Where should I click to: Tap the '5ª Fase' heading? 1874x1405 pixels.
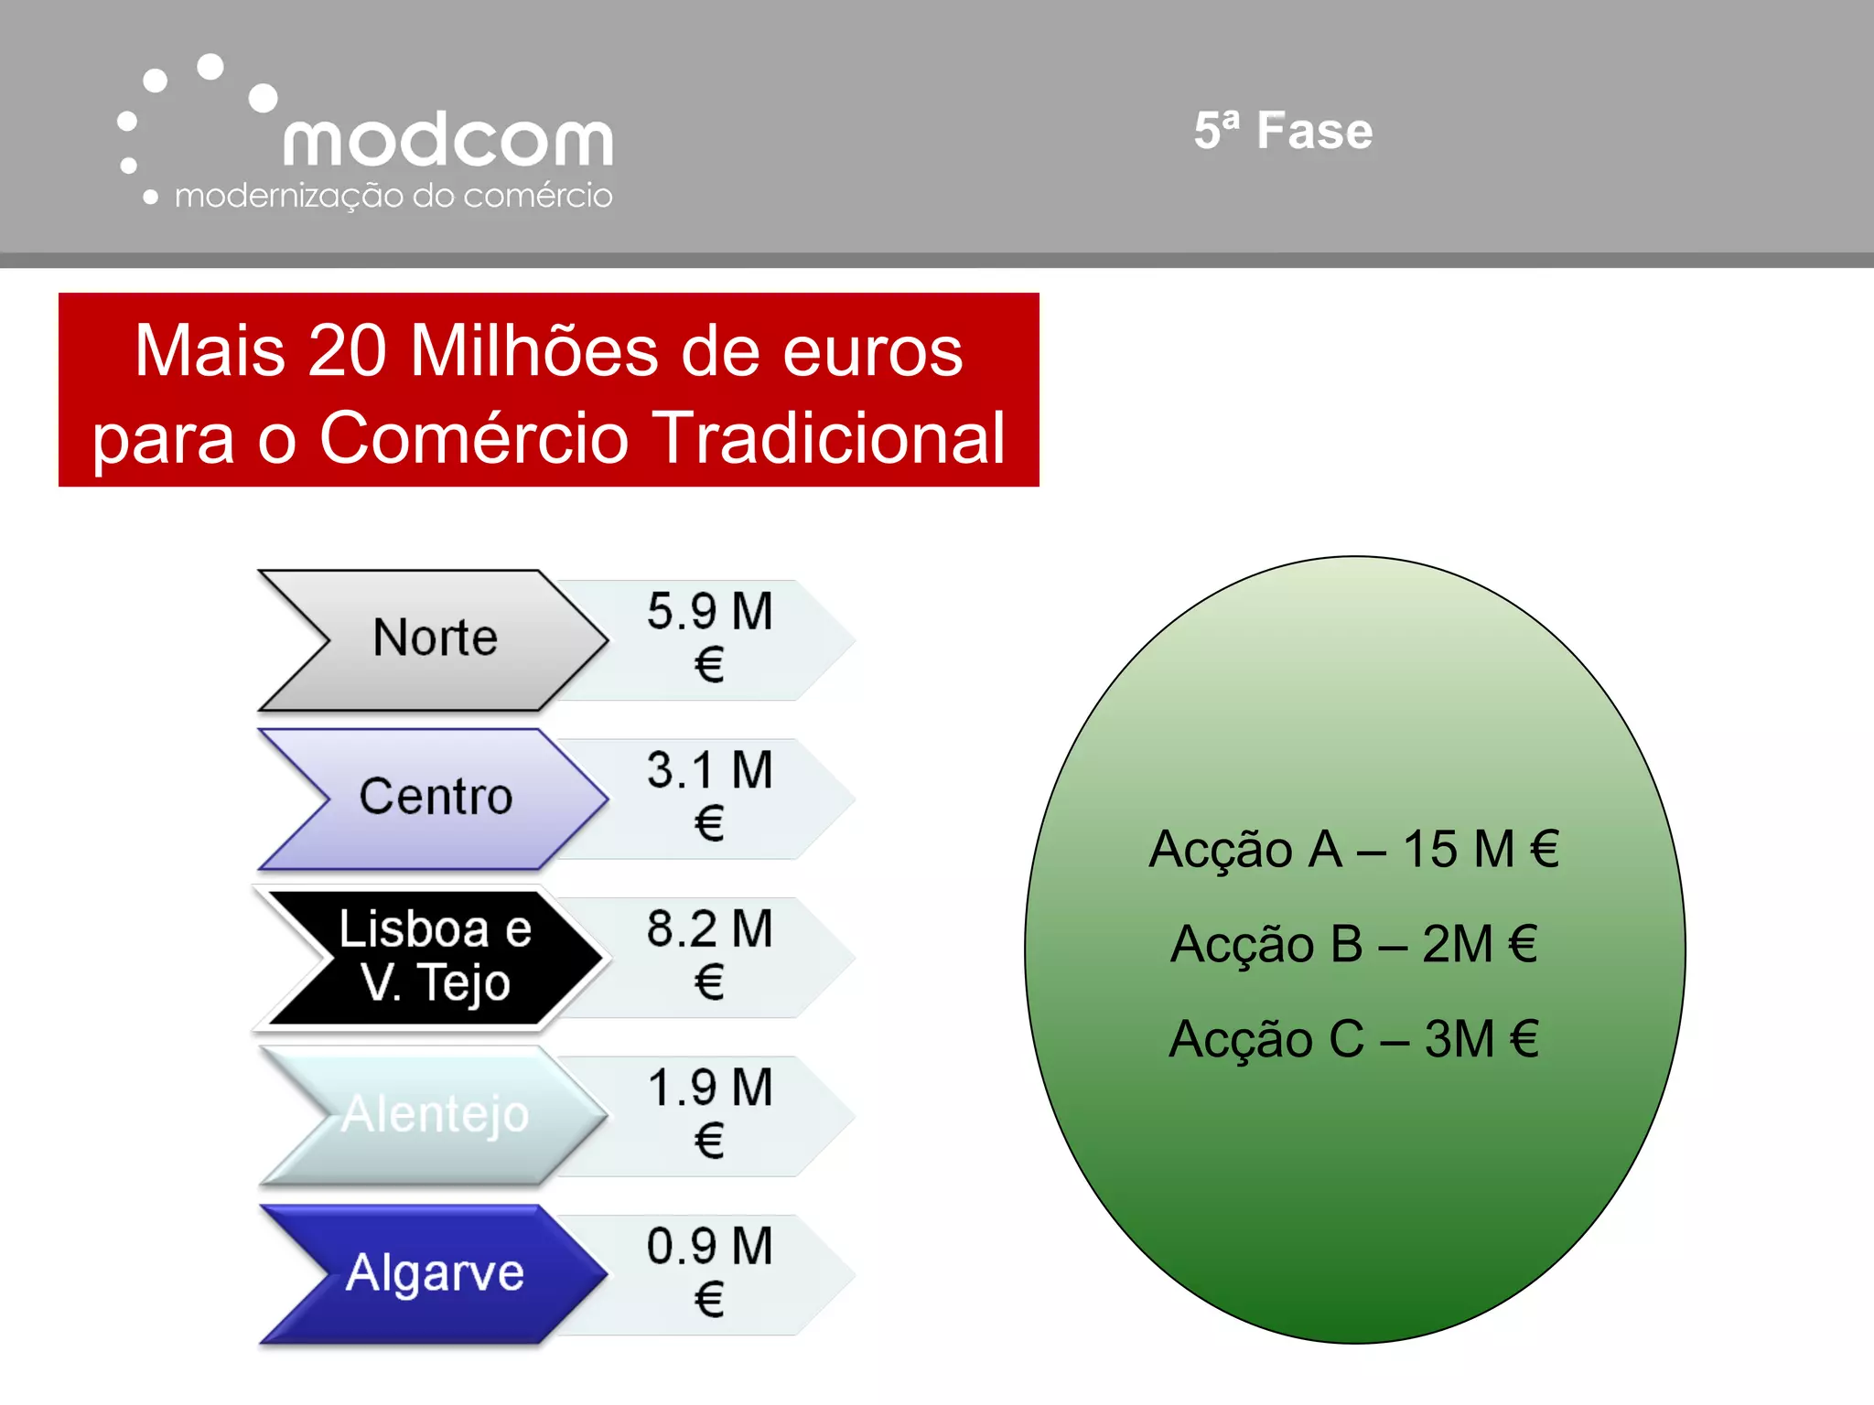[x=1283, y=130]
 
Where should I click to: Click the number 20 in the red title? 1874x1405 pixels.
[x=347, y=350]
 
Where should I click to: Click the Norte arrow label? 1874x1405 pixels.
[x=435, y=638]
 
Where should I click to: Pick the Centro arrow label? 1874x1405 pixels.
[x=436, y=796]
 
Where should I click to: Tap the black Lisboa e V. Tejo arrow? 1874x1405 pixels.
[x=436, y=956]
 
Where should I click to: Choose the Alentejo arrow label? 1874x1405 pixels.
[x=436, y=1114]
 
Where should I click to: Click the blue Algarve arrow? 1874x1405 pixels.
[x=436, y=1272]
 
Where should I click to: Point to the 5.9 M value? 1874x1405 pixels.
[x=710, y=611]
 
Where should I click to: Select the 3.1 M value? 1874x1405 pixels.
[x=710, y=770]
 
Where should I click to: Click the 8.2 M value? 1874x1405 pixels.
[x=710, y=928]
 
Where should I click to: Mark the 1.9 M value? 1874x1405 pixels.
[x=710, y=1088]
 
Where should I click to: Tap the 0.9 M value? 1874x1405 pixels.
[x=710, y=1246]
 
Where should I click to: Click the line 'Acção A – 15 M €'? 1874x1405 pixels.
[x=1354, y=849]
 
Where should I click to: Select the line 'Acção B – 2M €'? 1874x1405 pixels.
[x=1354, y=944]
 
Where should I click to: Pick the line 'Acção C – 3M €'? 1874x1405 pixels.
[x=1354, y=1039]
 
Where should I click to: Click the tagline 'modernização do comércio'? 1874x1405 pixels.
[x=393, y=196]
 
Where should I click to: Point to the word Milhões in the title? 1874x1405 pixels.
[x=534, y=350]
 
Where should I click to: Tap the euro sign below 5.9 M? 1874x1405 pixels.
[x=709, y=665]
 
